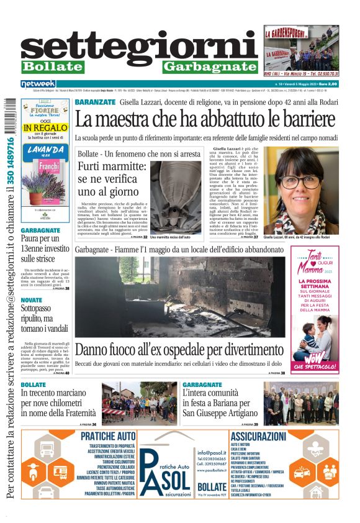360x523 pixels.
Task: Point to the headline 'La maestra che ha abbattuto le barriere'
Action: click(x=205, y=118)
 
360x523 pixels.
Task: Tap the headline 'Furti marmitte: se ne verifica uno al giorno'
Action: click(x=112, y=178)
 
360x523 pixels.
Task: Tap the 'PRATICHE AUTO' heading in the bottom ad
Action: click(x=108, y=436)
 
